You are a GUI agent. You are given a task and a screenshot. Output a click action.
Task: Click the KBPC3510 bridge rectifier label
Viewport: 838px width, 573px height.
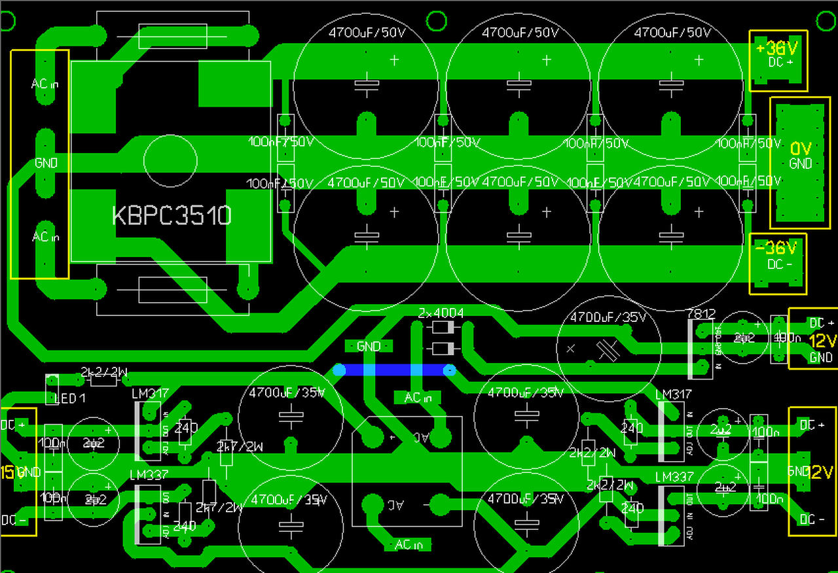point(172,215)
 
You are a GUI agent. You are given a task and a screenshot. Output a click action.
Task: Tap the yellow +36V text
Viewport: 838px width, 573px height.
point(777,48)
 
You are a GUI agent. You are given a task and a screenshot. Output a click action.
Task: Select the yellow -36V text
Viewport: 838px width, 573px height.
point(777,248)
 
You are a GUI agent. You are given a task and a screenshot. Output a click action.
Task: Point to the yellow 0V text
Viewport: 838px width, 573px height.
point(801,148)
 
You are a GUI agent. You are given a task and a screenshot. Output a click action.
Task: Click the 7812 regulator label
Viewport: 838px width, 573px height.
point(701,315)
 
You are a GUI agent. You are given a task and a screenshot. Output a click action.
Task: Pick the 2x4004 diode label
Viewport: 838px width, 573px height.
point(441,313)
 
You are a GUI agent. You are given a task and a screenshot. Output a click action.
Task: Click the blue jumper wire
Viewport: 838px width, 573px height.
point(394,370)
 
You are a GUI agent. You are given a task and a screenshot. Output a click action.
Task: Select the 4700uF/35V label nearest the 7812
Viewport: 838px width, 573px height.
point(608,319)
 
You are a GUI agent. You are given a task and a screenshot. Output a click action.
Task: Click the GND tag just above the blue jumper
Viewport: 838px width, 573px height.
point(369,346)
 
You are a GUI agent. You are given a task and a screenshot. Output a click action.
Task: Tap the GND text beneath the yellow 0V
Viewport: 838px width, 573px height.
point(800,164)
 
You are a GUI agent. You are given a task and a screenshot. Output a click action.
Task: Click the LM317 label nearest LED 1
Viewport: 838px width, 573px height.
point(150,394)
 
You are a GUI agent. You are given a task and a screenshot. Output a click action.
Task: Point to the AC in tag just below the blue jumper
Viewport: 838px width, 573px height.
point(418,397)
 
